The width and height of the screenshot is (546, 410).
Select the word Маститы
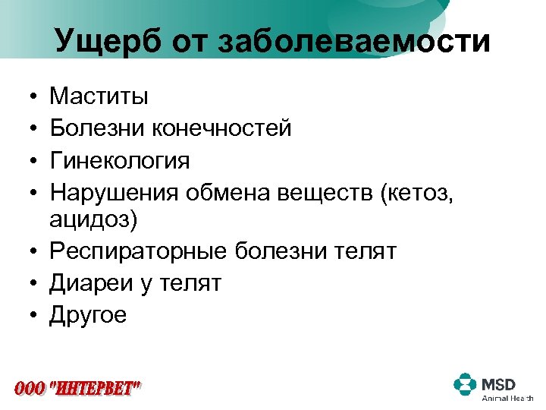(x=99, y=96)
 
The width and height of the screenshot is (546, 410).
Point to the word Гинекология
(x=120, y=161)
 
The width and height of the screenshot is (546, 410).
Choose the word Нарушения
(x=115, y=194)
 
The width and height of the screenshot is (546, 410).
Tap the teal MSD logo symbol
(x=464, y=383)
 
